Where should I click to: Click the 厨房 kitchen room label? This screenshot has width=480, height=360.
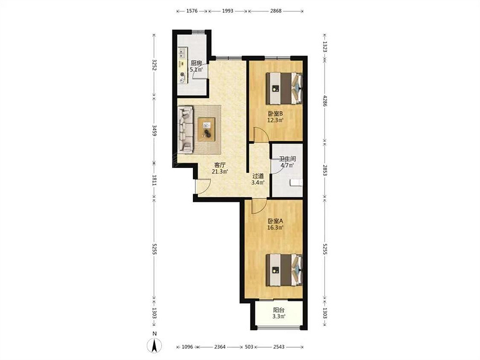196,63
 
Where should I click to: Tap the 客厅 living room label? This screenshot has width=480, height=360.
220,165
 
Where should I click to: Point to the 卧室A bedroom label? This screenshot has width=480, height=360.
275,221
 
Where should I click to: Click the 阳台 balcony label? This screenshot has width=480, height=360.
278,311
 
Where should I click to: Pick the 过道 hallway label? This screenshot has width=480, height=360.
258,176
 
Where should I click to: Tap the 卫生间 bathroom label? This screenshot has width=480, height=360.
288,159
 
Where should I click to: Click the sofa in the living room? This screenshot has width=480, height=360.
186,130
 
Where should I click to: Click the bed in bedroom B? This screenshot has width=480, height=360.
284,88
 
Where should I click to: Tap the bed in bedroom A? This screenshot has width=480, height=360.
284,270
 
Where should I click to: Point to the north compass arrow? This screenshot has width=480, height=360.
155,346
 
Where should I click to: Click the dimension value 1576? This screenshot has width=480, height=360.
192,11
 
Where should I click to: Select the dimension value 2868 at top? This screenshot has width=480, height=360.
276,11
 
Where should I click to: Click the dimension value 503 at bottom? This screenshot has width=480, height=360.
249,347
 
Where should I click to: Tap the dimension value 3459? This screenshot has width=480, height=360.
155,131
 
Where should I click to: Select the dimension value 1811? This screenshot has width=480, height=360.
155,180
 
